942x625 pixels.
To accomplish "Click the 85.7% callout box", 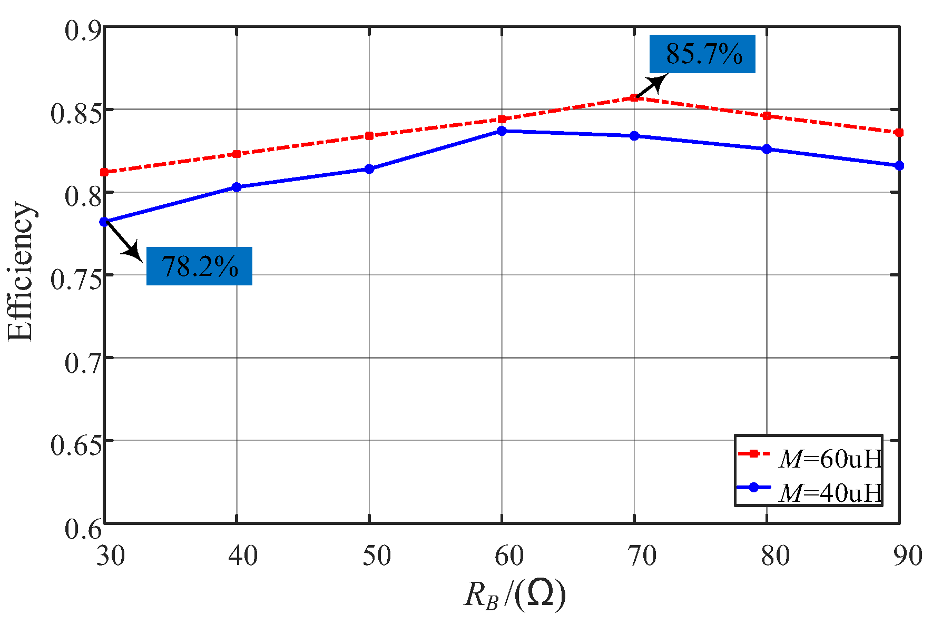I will coord(702,54).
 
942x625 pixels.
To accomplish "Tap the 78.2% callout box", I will coord(199,266).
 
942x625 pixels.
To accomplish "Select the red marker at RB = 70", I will coord(634,97).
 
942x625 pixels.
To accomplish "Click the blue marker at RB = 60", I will coord(502,131).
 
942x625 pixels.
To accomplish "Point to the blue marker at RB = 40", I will coord(237,187).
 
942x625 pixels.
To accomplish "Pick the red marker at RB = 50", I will coord(369,136).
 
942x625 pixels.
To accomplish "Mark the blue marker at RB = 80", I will coord(767,149).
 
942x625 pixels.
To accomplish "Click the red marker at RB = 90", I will coord(899,133).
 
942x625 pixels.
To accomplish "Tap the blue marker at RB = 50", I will coord(369,169).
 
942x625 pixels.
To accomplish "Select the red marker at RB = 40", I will coord(237,154).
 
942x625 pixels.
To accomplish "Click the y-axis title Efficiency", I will coord(21,272).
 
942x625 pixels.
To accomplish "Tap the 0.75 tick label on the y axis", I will coord(76,280).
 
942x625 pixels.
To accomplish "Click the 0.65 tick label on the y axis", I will coord(76,445).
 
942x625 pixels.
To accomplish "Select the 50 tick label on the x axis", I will coord(376,556).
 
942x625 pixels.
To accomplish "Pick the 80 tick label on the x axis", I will coord(774,556).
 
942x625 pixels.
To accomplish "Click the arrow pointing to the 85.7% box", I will coord(651,86).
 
